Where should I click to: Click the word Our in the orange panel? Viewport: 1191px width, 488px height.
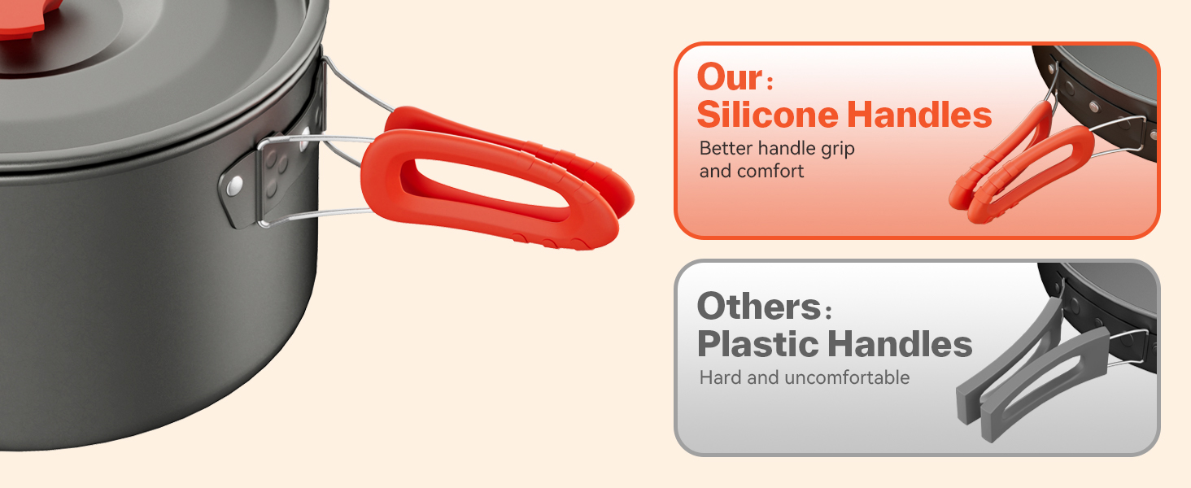coord(730,77)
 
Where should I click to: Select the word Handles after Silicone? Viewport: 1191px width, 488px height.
coord(919,115)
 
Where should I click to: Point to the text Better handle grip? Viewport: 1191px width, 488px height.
coord(777,149)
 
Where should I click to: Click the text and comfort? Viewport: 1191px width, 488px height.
coord(751,171)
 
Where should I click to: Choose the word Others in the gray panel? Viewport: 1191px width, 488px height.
coord(759,306)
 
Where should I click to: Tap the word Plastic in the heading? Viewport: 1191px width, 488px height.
coord(757,344)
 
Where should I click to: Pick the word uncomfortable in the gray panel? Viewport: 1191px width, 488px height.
coord(847,377)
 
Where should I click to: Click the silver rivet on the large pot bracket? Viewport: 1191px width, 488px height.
coord(234,185)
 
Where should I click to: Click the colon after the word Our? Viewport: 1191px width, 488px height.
coord(770,82)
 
